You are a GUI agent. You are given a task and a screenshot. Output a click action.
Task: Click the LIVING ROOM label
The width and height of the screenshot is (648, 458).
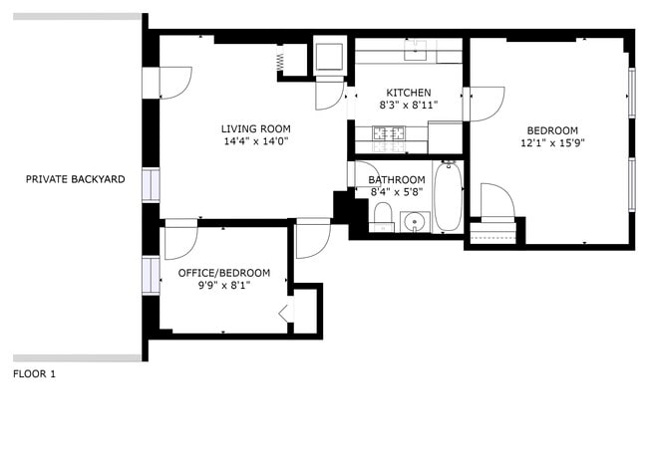click(255, 128)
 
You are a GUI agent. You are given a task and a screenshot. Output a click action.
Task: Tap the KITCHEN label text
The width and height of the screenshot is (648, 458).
click(409, 93)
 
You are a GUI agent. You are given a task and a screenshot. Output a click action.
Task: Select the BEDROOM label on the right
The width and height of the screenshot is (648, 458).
click(551, 130)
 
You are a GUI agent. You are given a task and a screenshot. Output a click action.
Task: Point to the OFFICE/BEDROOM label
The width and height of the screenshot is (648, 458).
click(223, 273)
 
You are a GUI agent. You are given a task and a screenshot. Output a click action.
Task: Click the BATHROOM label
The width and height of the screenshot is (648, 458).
click(397, 180)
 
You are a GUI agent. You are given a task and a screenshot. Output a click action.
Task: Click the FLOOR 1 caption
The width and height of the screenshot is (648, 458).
click(34, 374)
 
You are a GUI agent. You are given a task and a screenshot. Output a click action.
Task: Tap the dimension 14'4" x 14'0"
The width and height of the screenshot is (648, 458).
click(255, 141)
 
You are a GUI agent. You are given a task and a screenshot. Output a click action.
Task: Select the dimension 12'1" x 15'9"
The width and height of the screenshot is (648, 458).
click(551, 143)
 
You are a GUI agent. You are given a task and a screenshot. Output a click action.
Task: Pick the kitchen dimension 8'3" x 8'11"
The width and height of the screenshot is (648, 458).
click(409, 105)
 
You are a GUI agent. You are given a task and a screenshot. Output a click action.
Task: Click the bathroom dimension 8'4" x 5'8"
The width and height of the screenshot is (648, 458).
click(397, 192)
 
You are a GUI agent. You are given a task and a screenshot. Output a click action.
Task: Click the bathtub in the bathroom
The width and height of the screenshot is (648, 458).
click(448, 197)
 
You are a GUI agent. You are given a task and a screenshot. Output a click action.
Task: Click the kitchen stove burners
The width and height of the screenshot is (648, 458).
click(387, 131)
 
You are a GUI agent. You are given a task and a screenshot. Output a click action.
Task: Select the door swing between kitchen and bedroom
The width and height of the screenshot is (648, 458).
click(486, 104)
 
